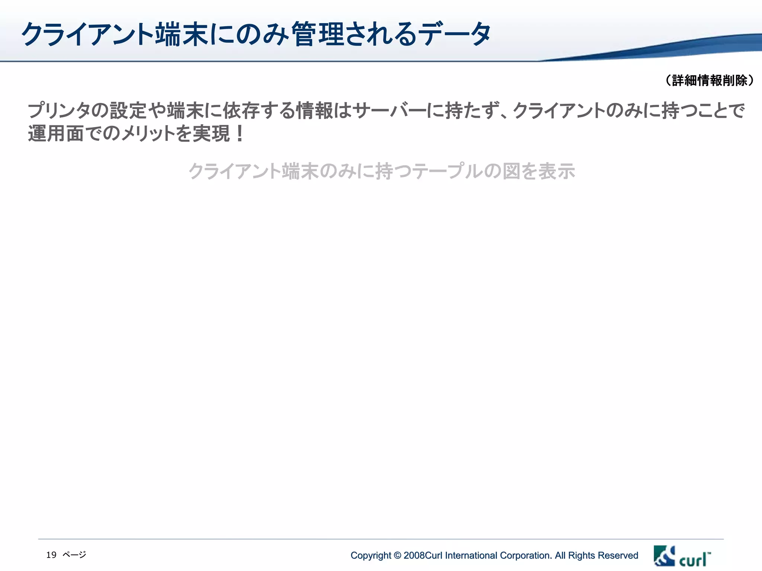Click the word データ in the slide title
[454, 34]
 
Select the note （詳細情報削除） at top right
[710, 80]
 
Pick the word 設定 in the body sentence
[128, 111]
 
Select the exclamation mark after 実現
[240, 133]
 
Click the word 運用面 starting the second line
[55, 133]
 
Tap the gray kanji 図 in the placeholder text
[511, 171]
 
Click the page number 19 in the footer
[51, 555]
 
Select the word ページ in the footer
[74, 555]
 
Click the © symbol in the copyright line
[397, 555]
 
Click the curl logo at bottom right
[682, 556]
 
